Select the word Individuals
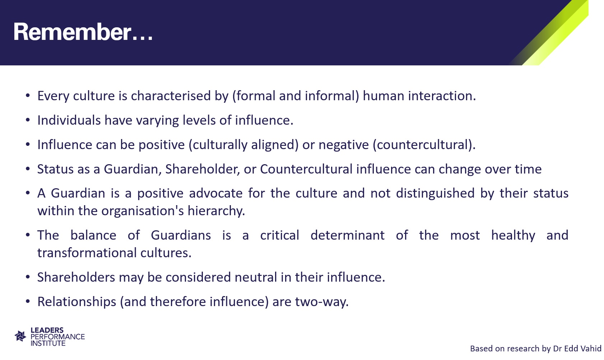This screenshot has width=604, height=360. click(69, 120)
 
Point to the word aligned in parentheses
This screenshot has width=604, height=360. click(275, 145)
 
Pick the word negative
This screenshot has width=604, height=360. click(344, 145)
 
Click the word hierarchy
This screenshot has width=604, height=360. click(216, 211)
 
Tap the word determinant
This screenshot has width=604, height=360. click(348, 235)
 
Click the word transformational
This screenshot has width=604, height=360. click(87, 253)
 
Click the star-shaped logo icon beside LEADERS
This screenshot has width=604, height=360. click(20, 336)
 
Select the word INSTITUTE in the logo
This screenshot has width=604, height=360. click(48, 343)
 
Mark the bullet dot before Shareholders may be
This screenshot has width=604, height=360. click(28, 277)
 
